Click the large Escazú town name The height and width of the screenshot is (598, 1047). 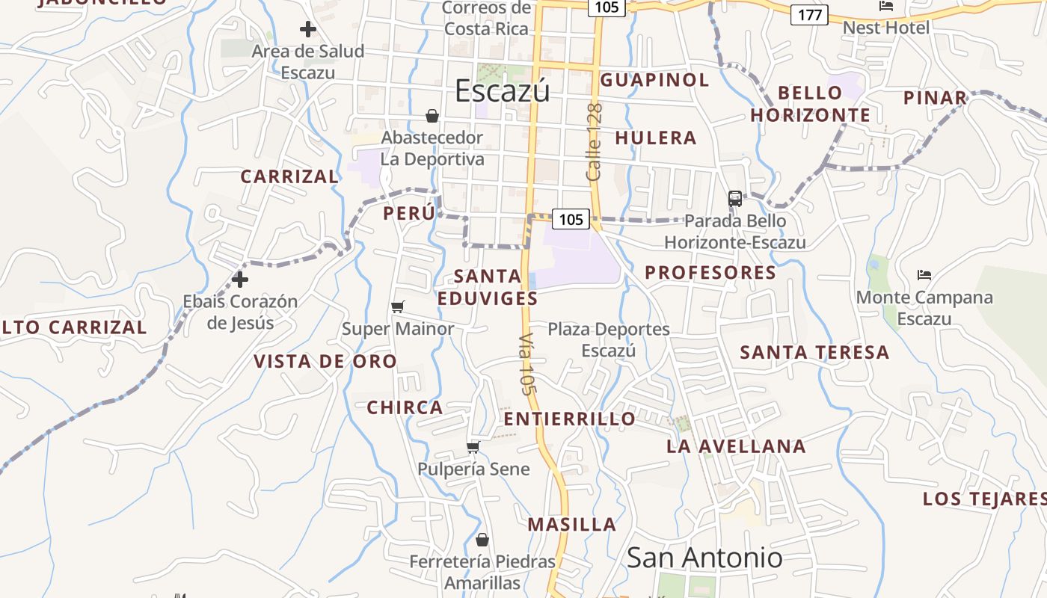click(x=503, y=90)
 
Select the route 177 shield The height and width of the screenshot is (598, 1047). click(x=810, y=14)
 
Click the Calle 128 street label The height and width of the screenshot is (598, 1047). click(x=595, y=142)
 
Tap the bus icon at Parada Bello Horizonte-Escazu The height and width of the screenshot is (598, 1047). click(x=735, y=199)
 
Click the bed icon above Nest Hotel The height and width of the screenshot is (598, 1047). click(x=886, y=7)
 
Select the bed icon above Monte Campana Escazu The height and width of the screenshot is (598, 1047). click(x=924, y=275)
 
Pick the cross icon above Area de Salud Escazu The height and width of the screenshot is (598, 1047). click(x=307, y=30)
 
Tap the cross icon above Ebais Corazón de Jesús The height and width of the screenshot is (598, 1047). click(x=240, y=280)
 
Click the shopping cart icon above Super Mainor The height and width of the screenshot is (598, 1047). click(x=398, y=306)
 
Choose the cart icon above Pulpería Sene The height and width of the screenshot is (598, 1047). click(x=473, y=447)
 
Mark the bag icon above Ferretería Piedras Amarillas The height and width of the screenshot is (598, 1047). click(x=482, y=540)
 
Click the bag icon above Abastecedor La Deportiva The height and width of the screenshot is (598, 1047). click(x=432, y=116)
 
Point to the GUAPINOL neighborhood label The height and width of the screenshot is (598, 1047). click(x=654, y=80)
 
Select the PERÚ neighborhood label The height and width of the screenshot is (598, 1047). click(x=409, y=213)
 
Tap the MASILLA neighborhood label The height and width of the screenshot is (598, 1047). click(x=572, y=525)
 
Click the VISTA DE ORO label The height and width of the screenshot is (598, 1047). click(x=325, y=362)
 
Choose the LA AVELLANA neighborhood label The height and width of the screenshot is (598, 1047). click(x=736, y=447)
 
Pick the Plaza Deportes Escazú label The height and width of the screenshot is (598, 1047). click(x=609, y=339)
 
